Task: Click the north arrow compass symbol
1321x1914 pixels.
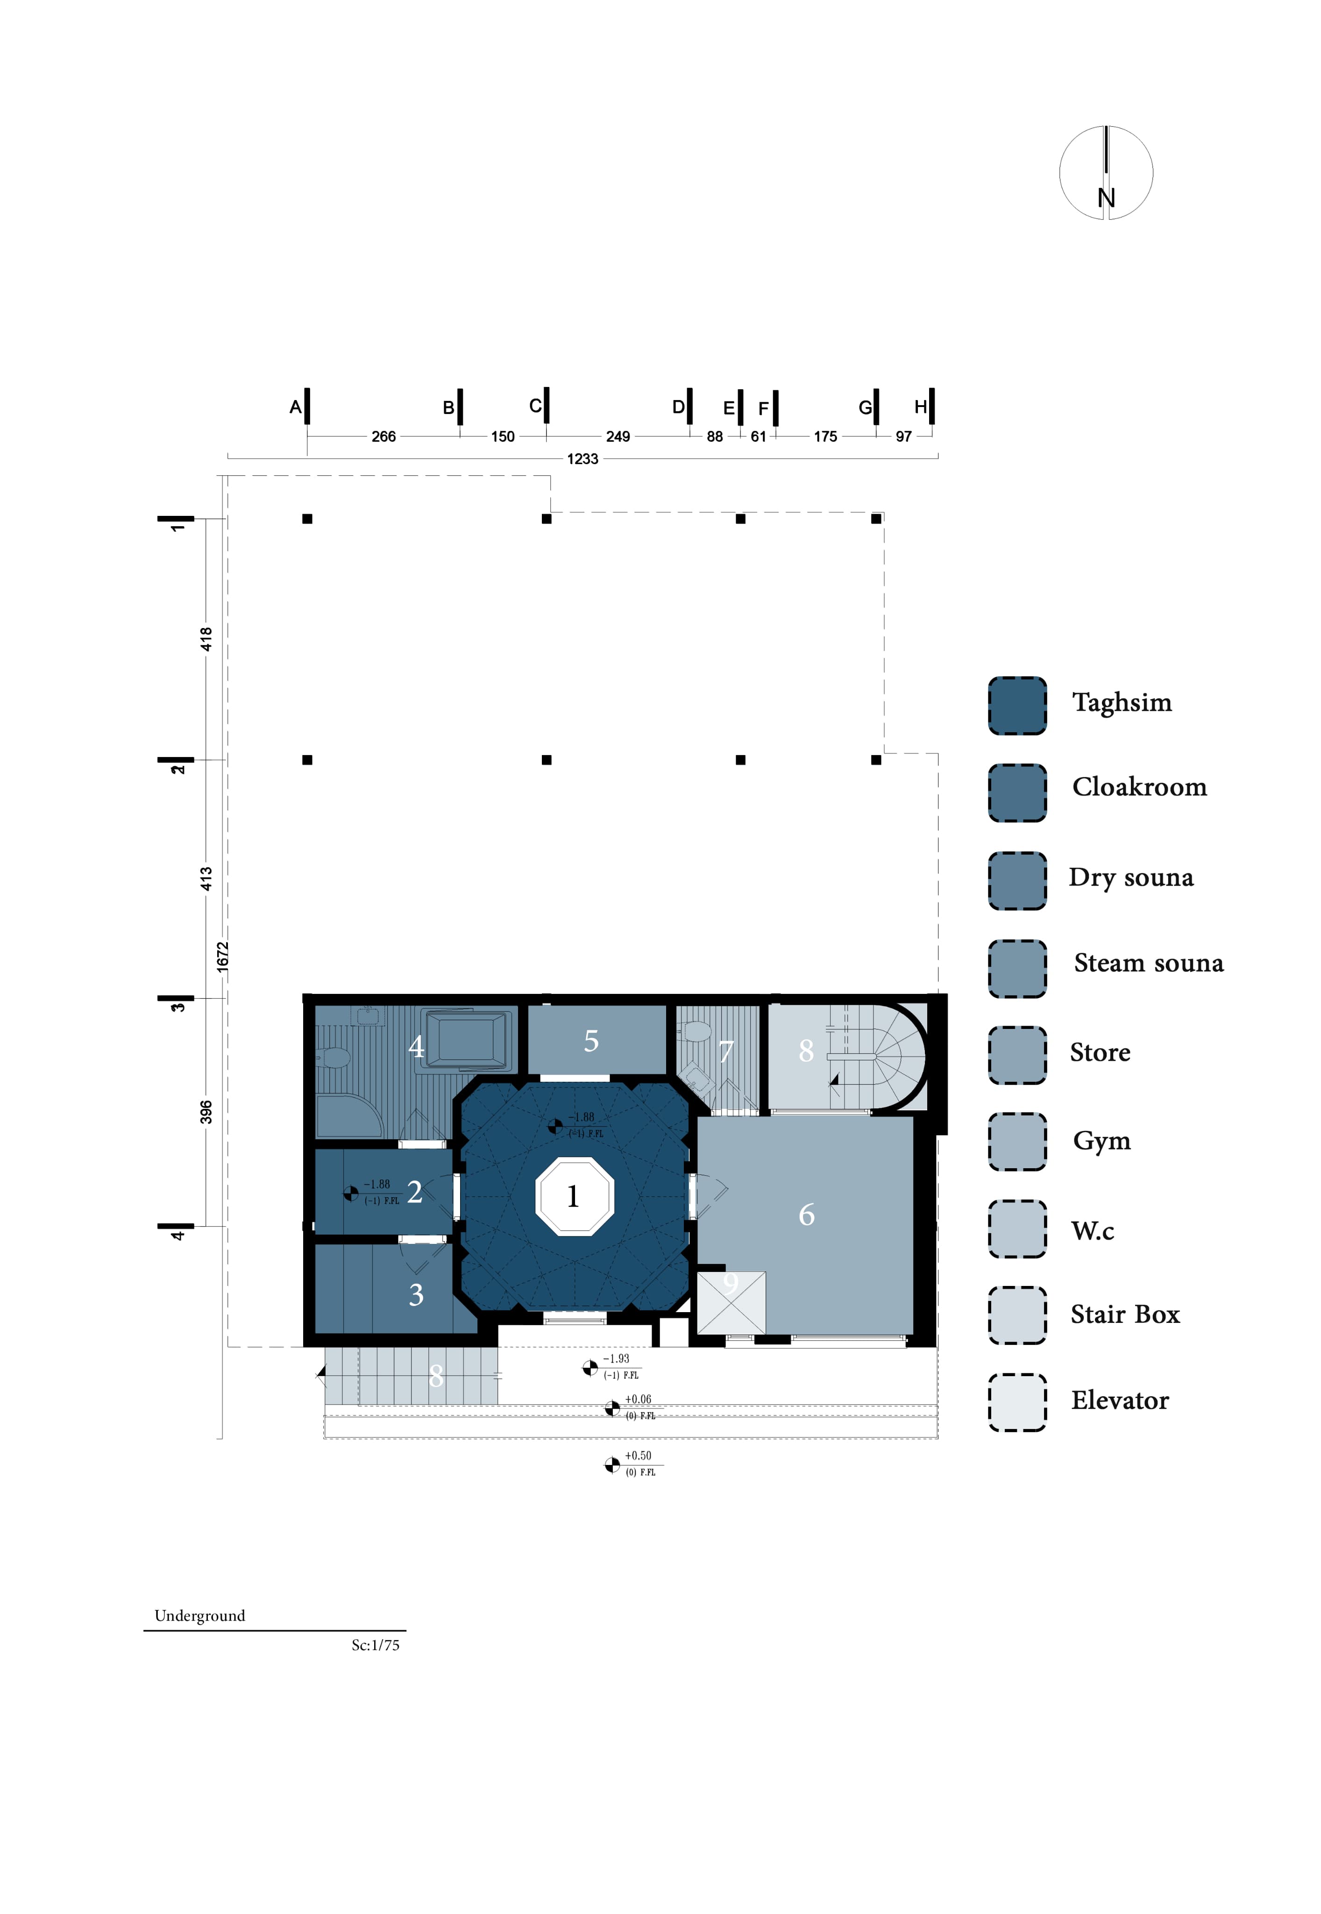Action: coord(1106,172)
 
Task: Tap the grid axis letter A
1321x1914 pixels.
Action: coord(295,407)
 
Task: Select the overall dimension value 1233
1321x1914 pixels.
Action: coord(582,458)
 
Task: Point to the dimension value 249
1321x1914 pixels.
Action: coord(618,436)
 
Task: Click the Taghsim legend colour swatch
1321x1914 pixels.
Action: coord(1017,705)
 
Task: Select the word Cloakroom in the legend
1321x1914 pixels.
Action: coord(1139,786)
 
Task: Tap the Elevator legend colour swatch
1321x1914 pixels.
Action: coord(1017,1402)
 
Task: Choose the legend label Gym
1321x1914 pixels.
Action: coord(1101,1141)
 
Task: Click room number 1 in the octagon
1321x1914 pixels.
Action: coord(573,1196)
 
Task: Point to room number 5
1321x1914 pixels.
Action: coord(591,1041)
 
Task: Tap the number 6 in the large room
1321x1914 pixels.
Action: coord(806,1214)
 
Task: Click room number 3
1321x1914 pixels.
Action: coord(416,1294)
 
